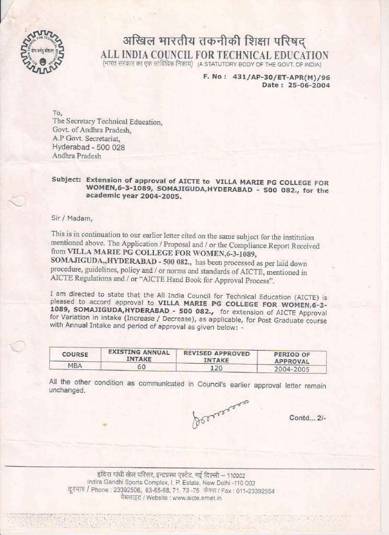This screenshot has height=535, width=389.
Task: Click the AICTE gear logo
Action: (42, 51)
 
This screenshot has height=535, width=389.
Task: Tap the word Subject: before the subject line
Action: (66, 179)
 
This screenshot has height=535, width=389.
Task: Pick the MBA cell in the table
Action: (75, 366)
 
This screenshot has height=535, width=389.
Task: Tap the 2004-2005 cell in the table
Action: (291, 369)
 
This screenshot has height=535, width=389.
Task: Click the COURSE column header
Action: (75, 354)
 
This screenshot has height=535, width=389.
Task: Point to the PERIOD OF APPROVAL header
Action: (292, 357)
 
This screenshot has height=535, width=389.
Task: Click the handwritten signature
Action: (219, 413)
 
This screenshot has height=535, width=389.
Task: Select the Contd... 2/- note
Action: (308, 417)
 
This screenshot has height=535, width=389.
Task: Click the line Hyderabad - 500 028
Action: (88, 147)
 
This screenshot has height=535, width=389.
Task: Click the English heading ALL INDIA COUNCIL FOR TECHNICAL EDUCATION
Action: (215, 55)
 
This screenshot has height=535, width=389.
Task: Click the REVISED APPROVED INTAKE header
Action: (216, 356)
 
